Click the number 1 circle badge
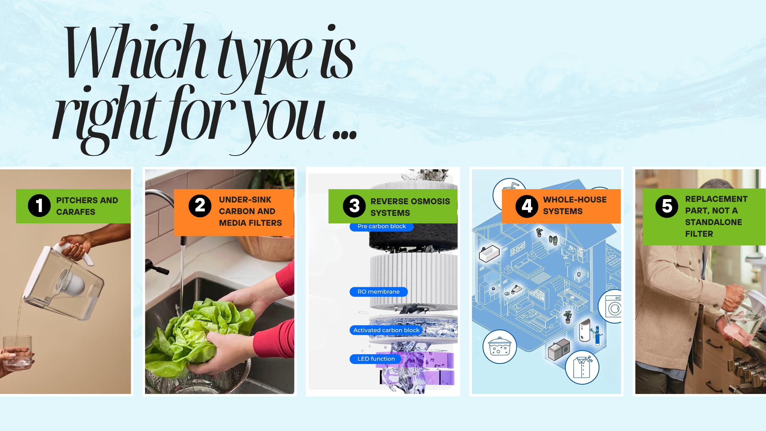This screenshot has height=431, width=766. [39, 206]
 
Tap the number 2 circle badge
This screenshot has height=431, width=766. [200, 206]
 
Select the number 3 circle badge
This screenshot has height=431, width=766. [354, 206]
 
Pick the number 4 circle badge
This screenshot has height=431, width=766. [527, 206]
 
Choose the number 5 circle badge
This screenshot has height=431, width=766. [667, 206]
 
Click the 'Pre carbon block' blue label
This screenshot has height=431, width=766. [382, 226]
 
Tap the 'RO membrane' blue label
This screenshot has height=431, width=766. [379, 292]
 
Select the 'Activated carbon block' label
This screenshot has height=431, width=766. [386, 330]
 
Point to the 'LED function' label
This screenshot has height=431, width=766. [376, 359]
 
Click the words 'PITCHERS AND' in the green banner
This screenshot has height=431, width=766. [87, 200]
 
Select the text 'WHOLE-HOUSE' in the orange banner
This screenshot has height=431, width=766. [575, 199]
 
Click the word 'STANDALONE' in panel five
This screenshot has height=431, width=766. [714, 222]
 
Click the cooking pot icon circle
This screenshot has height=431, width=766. [500, 347]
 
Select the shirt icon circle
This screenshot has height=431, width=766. [582, 367]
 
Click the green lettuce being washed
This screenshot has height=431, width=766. [200, 334]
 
